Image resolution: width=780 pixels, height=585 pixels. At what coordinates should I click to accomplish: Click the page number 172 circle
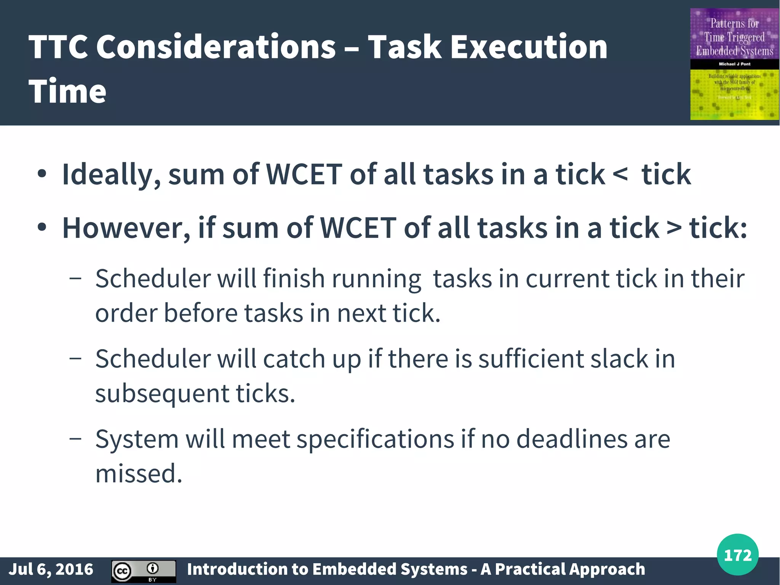(737, 555)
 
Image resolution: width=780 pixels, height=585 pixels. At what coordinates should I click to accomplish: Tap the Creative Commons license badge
(144, 571)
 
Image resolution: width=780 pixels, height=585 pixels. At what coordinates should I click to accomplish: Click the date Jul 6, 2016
(51, 569)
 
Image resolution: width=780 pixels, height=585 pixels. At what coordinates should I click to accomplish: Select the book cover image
(734, 64)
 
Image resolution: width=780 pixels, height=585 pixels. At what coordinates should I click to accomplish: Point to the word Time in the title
(67, 91)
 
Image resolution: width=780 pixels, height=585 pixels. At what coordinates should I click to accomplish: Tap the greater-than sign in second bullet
(674, 228)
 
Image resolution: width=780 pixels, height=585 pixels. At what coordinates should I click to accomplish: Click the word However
(126, 228)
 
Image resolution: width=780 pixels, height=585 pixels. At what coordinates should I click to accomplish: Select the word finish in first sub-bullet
(294, 278)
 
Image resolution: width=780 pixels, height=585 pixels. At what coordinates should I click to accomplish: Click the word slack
(619, 359)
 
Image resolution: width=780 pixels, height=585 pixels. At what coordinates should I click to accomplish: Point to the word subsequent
(162, 394)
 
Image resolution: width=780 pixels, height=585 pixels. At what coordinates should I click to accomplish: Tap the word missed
(139, 474)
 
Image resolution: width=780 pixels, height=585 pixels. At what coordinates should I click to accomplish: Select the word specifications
(375, 439)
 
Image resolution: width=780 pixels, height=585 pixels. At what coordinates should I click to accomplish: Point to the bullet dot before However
(42, 228)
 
